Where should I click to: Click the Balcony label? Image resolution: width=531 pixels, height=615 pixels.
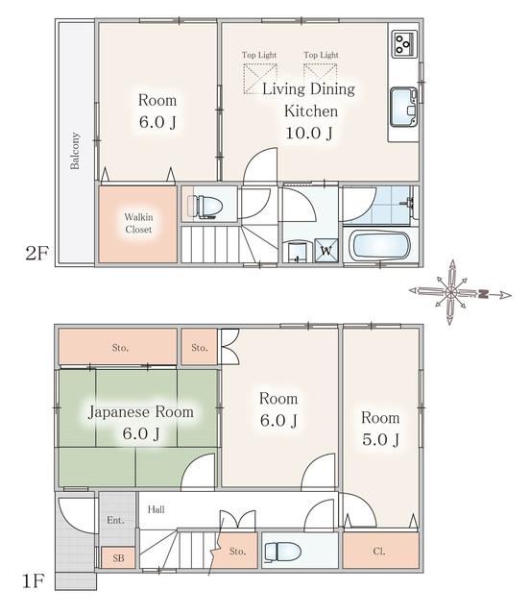click(x=75, y=151)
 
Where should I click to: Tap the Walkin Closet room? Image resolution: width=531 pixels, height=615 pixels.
click(x=137, y=224)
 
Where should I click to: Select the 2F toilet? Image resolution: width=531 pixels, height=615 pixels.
click(x=205, y=206)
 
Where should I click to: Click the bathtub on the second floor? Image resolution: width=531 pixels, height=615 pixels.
click(x=379, y=245)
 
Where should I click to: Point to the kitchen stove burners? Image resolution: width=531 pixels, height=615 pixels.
click(x=404, y=43)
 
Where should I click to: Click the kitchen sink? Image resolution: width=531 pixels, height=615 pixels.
click(x=403, y=107)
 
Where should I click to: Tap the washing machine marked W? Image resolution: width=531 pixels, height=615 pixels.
click(x=326, y=250)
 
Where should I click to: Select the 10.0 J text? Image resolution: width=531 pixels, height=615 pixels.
click(x=309, y=133)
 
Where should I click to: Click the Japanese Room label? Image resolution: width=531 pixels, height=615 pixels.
click(x=141, y=412)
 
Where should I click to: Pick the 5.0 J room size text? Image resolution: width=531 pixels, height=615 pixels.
click(x=380, y=440)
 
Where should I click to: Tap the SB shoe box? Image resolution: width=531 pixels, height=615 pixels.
click(x=118, y=557)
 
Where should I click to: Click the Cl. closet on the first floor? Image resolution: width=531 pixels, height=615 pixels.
click(x=380, y=550)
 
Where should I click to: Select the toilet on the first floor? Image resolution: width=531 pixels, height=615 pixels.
click(x=283, y=551)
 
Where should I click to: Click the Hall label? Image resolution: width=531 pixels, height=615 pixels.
click(x=156, y=509)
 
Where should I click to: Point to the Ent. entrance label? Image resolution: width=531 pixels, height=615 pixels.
click(x=115, y=520)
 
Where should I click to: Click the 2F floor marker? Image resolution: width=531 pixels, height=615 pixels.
click(x=36, y=253)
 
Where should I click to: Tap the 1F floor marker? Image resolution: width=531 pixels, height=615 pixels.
click(x=33, y=580)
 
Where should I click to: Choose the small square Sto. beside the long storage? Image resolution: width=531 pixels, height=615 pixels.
click(x=199, y=347)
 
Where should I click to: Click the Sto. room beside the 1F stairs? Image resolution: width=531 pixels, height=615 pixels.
click(x=236, y=551)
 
